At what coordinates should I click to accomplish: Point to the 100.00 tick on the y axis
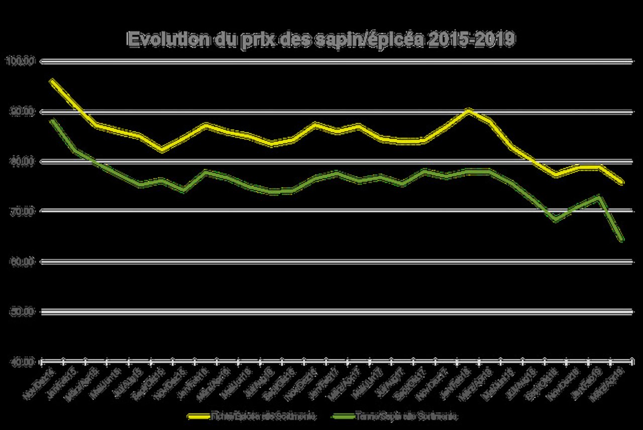tap(20, 61)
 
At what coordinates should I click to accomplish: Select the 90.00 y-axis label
tap(20, 111)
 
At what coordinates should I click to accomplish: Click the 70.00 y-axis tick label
tap(20, 211)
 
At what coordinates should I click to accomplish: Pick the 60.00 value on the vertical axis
tap(20, 261)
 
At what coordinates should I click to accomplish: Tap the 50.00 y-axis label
tap(20, 311)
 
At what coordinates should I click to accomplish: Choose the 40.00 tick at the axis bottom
tap(20, 361)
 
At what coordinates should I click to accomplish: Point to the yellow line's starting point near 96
tap(52, 80)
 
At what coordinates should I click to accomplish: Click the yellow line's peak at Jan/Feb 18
tap(468, 110)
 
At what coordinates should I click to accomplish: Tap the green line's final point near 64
tap(622, 240)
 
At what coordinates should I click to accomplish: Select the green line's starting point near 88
tap(52, 120)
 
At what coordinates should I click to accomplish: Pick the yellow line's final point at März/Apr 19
tap(622, 182)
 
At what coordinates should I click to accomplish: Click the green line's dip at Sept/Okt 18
tap(555, 220)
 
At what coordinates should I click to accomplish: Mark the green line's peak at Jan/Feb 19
tap(599, 196)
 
